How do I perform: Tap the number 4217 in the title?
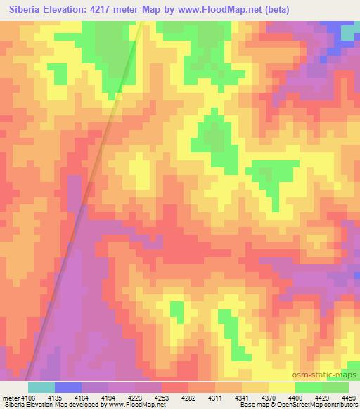102,9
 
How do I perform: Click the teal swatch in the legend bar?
41,387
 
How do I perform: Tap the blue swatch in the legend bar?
67,387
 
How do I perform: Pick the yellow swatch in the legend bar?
281,387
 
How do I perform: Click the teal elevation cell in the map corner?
349,33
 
